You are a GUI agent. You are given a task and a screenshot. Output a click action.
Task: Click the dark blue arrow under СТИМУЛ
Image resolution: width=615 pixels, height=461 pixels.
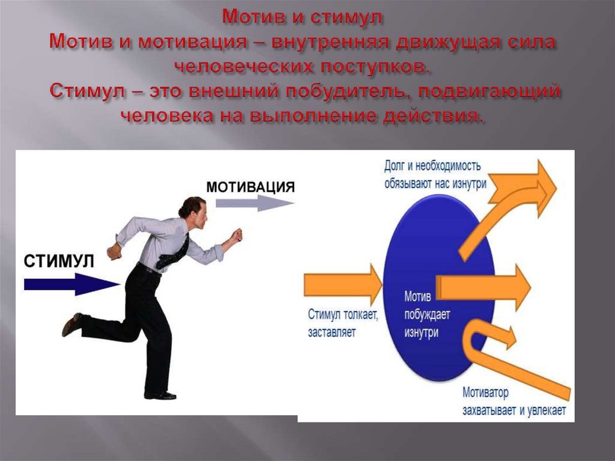(x=72, y=284)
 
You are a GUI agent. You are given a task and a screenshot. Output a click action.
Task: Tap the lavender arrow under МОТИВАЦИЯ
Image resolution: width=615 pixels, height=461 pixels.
(x=255, y=203)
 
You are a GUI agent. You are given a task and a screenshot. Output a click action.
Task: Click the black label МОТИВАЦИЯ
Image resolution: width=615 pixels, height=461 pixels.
(x=250, y=187)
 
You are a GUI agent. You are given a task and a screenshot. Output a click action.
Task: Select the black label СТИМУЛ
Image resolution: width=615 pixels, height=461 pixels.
(x=59, y=261)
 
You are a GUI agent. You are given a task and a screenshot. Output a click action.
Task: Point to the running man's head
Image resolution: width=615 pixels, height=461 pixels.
(x=193, y=213)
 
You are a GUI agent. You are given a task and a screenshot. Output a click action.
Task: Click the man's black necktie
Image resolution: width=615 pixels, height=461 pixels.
(x=174, y=253)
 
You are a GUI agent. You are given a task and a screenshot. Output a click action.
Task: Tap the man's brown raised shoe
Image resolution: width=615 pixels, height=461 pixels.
(x=72, y=324)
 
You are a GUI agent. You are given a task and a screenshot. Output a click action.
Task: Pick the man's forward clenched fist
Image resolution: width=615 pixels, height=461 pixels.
(x=237, y=236)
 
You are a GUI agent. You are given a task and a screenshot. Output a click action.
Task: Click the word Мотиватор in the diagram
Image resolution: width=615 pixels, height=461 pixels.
(x=485, y=392)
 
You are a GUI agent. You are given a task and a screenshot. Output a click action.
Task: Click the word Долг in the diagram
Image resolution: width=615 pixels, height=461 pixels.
(x=394, y=166)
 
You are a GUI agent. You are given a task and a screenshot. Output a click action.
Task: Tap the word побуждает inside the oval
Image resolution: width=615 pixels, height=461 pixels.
(x=427, y=314)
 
